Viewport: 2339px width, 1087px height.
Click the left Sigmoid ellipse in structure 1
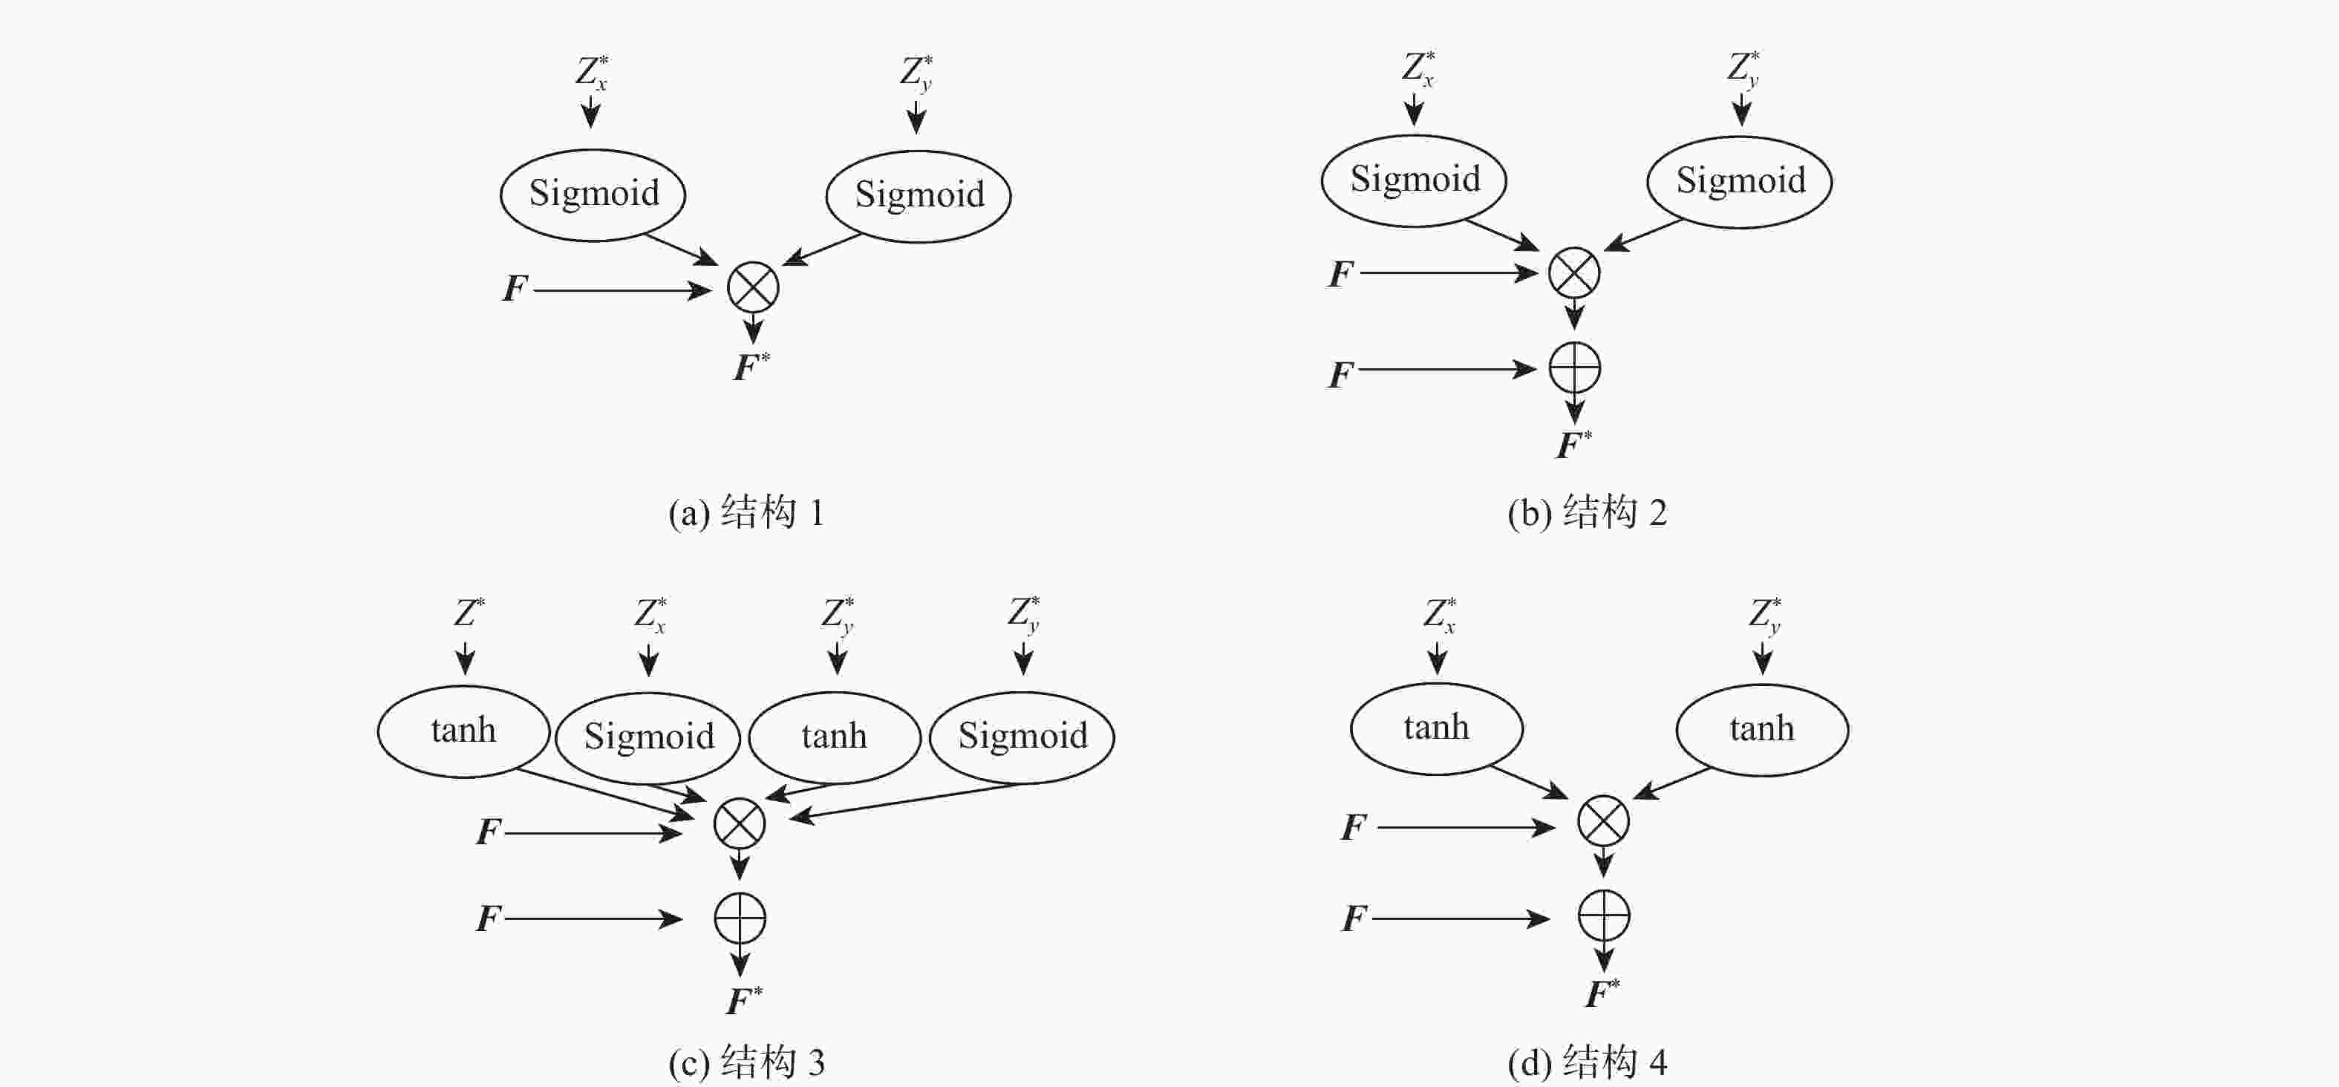[593, 195]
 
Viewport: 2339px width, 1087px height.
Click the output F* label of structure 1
[750, 367]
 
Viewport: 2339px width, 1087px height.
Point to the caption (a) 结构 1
[746, 513]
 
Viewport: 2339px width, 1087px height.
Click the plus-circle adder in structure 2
[1574, 368]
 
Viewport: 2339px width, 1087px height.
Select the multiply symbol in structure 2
[1573, 272]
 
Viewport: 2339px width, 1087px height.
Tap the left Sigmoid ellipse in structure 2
[1414, 180]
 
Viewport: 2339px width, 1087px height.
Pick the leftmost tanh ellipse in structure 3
[463, 731]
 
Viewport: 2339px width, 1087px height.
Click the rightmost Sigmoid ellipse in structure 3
[1022, 737]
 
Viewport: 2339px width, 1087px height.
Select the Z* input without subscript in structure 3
[469, 613]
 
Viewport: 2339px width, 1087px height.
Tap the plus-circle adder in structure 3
[740, 918]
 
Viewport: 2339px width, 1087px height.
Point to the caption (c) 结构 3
[746, 1062]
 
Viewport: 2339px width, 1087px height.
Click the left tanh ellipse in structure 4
[1437, 728]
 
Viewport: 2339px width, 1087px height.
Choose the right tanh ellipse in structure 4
[1761, 729]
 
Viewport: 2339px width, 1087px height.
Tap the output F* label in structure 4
[1602, 993]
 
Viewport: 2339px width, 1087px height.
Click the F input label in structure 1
[515, 289]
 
